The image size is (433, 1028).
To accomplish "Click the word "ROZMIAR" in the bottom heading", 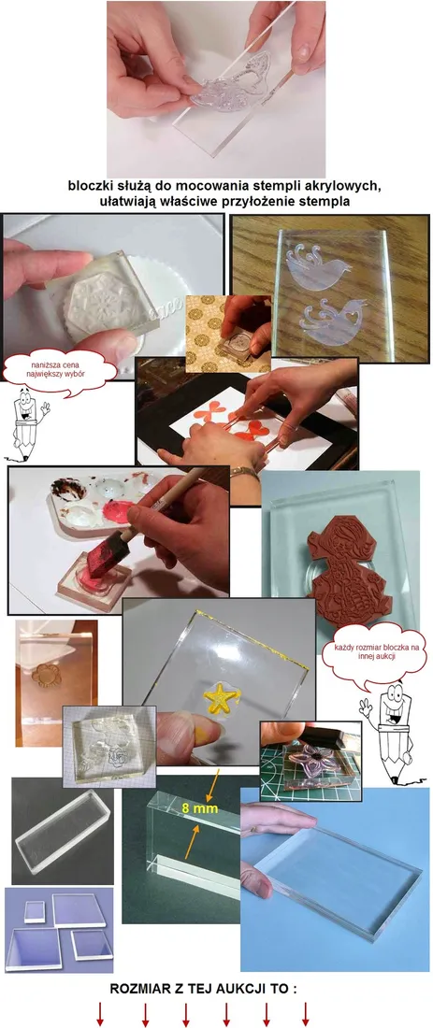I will click(x=143, y=988).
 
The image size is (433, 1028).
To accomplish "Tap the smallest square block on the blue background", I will click(x=36, y=910).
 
